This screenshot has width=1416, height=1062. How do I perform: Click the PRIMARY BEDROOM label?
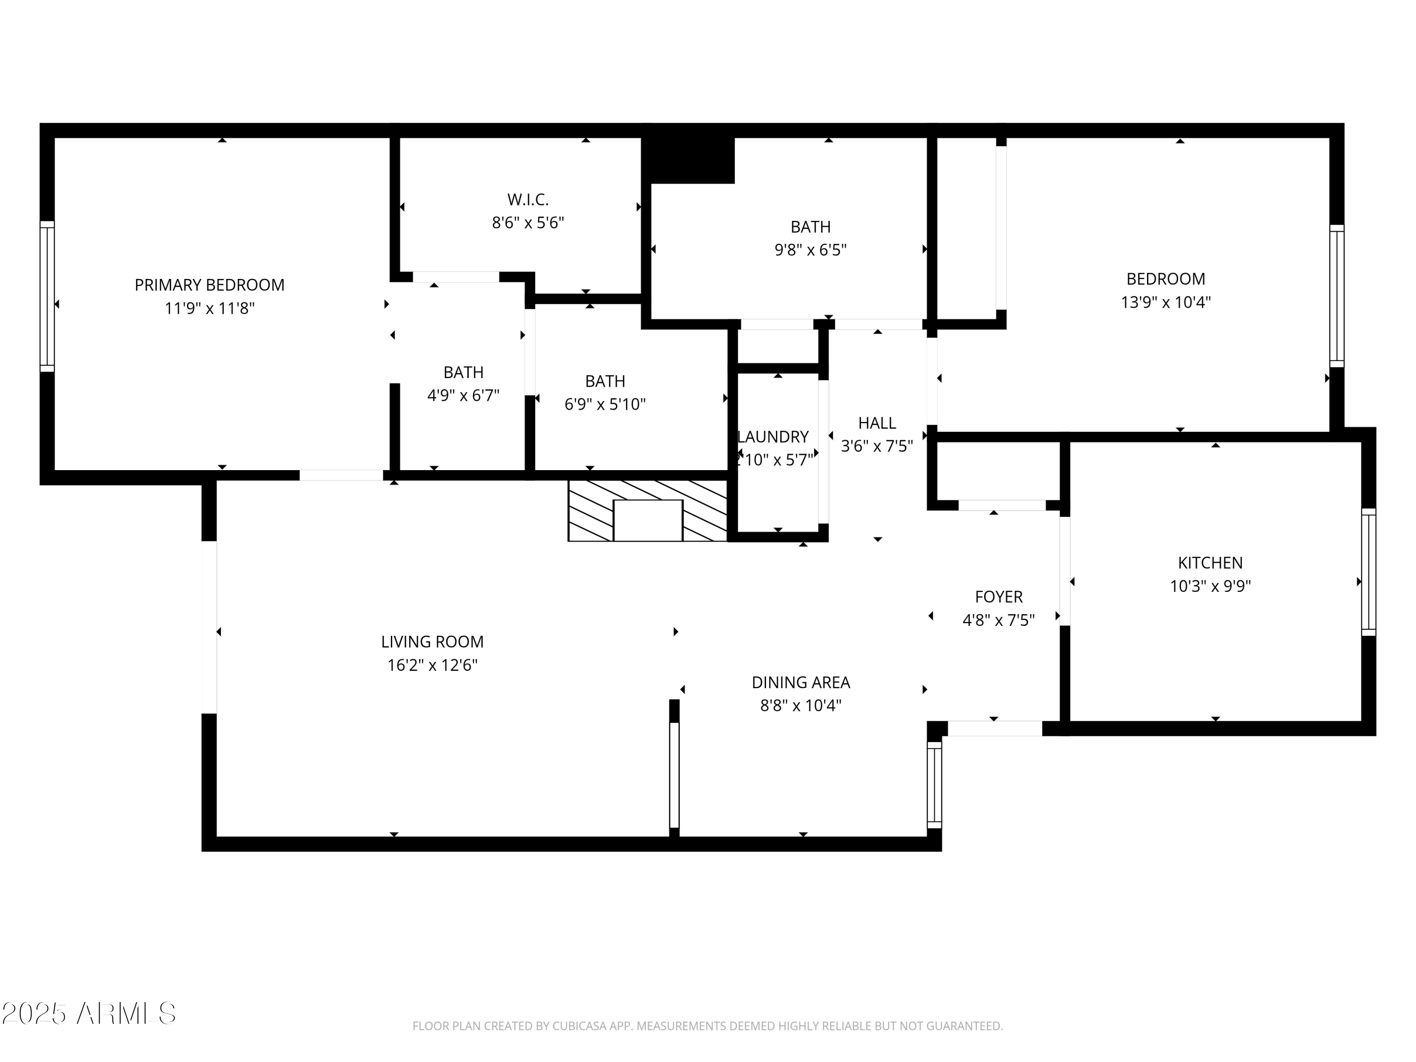209,285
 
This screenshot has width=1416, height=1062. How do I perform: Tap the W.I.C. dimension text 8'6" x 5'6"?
528,223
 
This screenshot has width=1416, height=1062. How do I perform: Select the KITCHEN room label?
1210,563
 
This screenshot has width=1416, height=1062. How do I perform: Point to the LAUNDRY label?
773,437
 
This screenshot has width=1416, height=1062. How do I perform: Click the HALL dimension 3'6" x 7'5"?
877,446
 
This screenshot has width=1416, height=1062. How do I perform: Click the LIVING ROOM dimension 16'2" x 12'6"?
432,665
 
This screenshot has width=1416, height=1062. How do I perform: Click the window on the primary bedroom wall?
47,296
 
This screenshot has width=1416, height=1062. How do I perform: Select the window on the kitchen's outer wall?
1368,572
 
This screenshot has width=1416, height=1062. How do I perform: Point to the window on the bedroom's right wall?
1337,296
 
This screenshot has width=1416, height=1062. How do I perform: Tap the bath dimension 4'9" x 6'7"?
463,396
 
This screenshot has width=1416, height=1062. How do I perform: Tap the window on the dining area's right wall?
935,785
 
